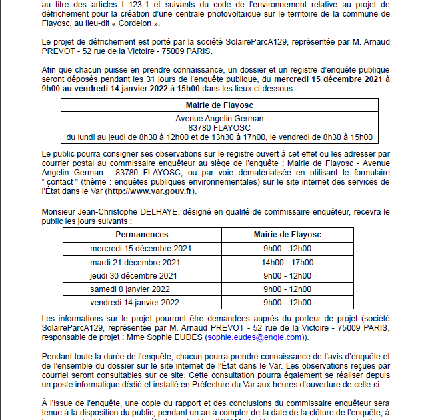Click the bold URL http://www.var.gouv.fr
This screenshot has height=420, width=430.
click(x=149, y=191)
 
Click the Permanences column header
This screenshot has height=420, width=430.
click(x=141, y=235)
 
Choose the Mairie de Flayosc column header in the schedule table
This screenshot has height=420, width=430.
click(x=287, y=235)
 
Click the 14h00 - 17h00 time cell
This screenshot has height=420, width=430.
click(x=287, y=262)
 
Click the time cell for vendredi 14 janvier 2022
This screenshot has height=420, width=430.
click(x=287, y=302)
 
